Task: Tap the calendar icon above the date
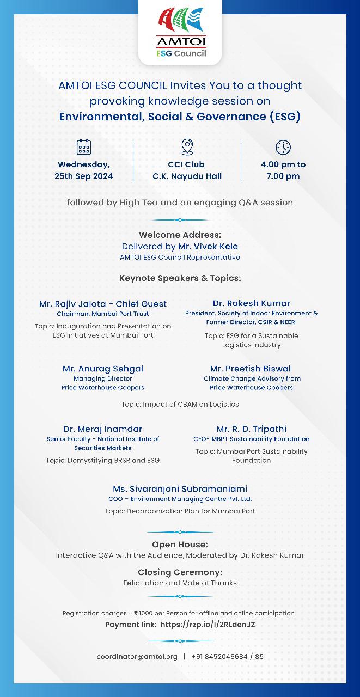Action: coord(84,147)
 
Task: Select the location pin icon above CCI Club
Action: coord(187,147)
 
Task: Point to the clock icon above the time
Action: coord(283,147)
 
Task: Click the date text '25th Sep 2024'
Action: coord(84,176)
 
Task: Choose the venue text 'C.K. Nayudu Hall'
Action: coord(187,176)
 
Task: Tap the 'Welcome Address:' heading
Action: coord(180,235)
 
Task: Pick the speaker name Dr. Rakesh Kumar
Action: coord(251,303)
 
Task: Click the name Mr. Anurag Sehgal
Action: coord(103,369)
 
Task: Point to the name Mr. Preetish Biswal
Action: coord(251,369)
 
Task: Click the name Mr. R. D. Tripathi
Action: coord(251,429)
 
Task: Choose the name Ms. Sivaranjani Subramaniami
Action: coord(180,489)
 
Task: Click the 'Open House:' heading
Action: coord(180,545)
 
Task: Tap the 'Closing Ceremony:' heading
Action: coord(180,572)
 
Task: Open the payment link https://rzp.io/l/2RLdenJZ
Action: coord(208,625)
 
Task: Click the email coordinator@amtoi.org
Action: coord(137,657)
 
